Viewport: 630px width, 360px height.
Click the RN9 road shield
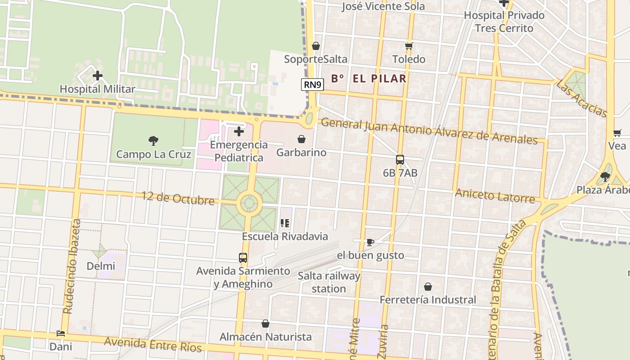click(x=312, y=85)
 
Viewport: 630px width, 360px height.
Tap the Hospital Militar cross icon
click(x=97, y=76)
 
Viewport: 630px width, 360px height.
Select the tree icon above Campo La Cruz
click(x=153, y=141)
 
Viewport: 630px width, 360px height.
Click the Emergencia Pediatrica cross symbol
click(x=239, y=131)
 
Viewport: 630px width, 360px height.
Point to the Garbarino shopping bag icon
click(x=301, y=139)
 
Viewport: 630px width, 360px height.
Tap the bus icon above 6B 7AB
click(x=400, y=159)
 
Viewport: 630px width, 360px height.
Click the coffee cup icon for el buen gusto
click(x=370, y=242)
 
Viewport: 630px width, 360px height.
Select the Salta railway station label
click(x=329, y=282)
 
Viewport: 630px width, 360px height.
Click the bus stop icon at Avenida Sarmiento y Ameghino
click(x=243, y=258)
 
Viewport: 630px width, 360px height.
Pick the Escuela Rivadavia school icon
click(x=284, y=223)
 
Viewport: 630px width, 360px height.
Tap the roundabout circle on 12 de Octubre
click(x=249, y=203)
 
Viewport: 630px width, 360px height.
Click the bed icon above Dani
click(x=61, y=333)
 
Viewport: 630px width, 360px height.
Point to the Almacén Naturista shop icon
click(x=265, y=324)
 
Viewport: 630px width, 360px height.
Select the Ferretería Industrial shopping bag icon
click(x=428, y=287)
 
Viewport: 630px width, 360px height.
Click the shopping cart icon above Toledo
click(x=409, y=46)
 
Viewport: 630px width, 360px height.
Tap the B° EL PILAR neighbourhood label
click(x=369, y=79)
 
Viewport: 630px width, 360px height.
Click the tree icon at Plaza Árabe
click(x=605, y=176)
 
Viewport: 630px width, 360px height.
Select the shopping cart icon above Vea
click(x=617, y=133)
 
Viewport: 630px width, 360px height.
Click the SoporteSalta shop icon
click(x=316, y=46)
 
